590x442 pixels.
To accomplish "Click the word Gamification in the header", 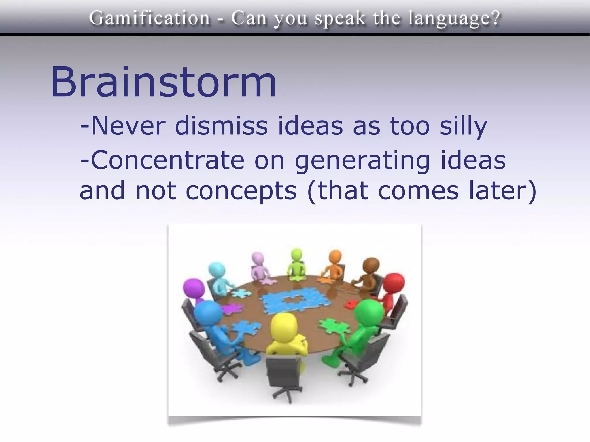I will [x=149, y=18].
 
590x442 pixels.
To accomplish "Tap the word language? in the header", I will [x=454, y=19].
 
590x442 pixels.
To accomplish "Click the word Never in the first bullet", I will [x=128, y=126].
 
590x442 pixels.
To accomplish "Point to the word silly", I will [x=463, y=127].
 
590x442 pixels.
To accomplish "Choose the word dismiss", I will [x=221, y=126].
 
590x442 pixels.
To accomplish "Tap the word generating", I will [x=362, y=161].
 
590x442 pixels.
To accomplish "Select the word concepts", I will [x=241, y=191].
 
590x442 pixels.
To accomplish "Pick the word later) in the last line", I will [x=503, y=191].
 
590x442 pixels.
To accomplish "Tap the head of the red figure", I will [x=394, y=283].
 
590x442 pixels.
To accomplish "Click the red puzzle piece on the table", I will [x=351, y=304].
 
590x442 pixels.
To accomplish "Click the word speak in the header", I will [x=339, y=19].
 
